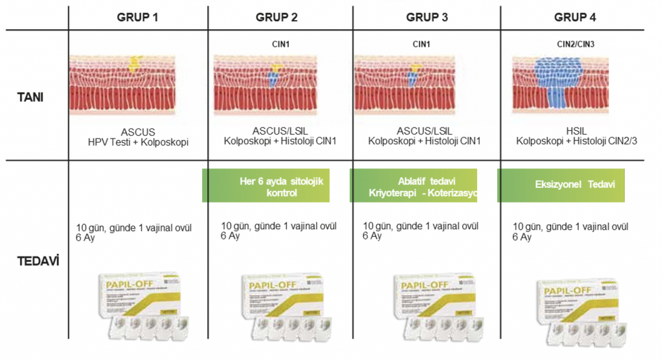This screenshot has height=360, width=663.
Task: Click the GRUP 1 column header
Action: (137, 17)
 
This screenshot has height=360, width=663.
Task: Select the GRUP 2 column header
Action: (276, 17)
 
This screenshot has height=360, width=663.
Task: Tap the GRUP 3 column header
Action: (426, 17)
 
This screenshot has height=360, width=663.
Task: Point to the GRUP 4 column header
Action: (574, 17)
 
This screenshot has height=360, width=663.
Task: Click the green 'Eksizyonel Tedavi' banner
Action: (561, 185)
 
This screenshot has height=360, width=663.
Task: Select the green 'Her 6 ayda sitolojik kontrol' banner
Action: (267, 186)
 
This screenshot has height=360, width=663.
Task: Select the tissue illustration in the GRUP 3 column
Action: (412, 84)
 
